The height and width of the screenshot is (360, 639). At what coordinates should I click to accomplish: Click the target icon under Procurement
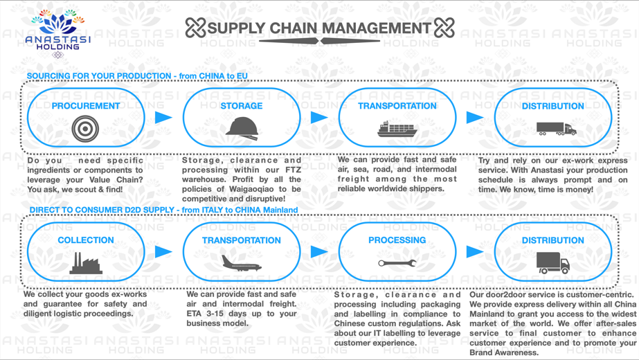tap(86, 129)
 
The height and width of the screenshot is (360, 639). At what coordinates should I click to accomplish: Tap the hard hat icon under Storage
tap(242, 128)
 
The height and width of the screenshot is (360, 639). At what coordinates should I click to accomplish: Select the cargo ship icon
tap(397, 129)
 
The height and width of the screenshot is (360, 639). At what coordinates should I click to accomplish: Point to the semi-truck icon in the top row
tap(556, 129)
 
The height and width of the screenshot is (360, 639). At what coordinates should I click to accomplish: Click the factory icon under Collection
tap(86, 263)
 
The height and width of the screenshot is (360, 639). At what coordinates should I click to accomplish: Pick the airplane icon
tap(242, 263)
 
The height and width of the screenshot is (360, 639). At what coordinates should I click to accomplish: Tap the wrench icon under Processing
tap(397, 263)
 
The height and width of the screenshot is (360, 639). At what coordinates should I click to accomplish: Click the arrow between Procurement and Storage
tap(163, 118)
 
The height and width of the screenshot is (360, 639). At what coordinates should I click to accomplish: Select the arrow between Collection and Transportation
tap(163, 252)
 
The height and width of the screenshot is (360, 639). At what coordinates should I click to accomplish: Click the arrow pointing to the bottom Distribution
tap(475, 252)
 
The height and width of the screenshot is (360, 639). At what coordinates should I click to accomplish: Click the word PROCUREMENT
tap(86, 106)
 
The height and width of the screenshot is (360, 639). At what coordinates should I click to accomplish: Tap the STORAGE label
tap(242, 106)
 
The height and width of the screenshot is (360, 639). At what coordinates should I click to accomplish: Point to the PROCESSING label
tap(397, 240)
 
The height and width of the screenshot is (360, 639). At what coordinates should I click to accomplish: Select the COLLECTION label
tap(86, 240)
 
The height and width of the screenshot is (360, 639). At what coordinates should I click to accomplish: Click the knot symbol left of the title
tap(195, 28)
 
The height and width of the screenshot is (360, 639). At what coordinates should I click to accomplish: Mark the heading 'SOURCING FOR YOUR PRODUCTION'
tap(99, 76)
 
